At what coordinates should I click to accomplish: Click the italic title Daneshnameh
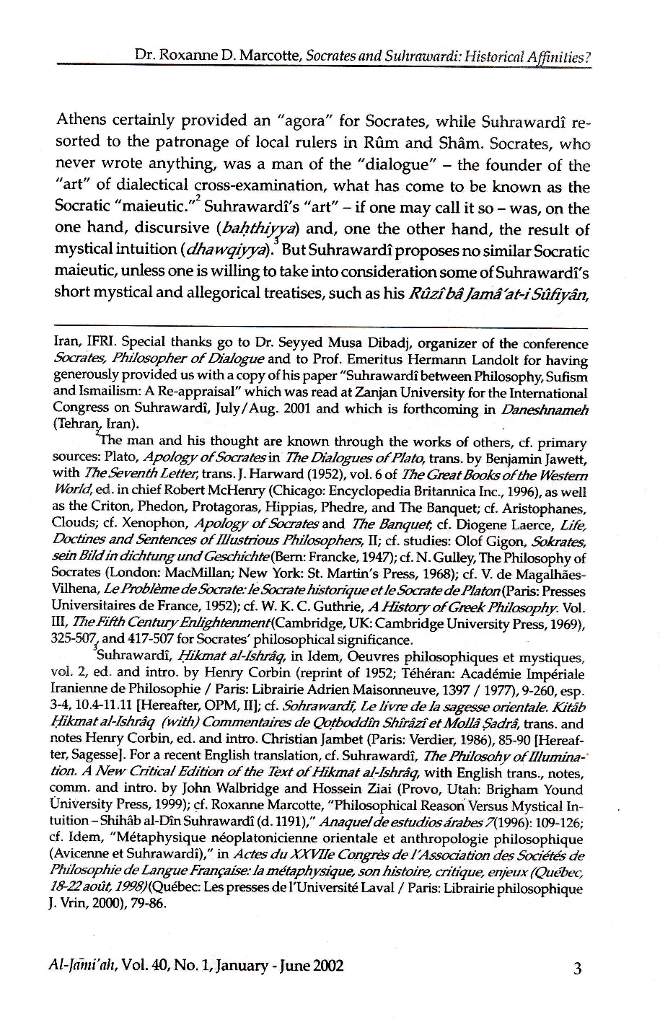pos(552,409)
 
